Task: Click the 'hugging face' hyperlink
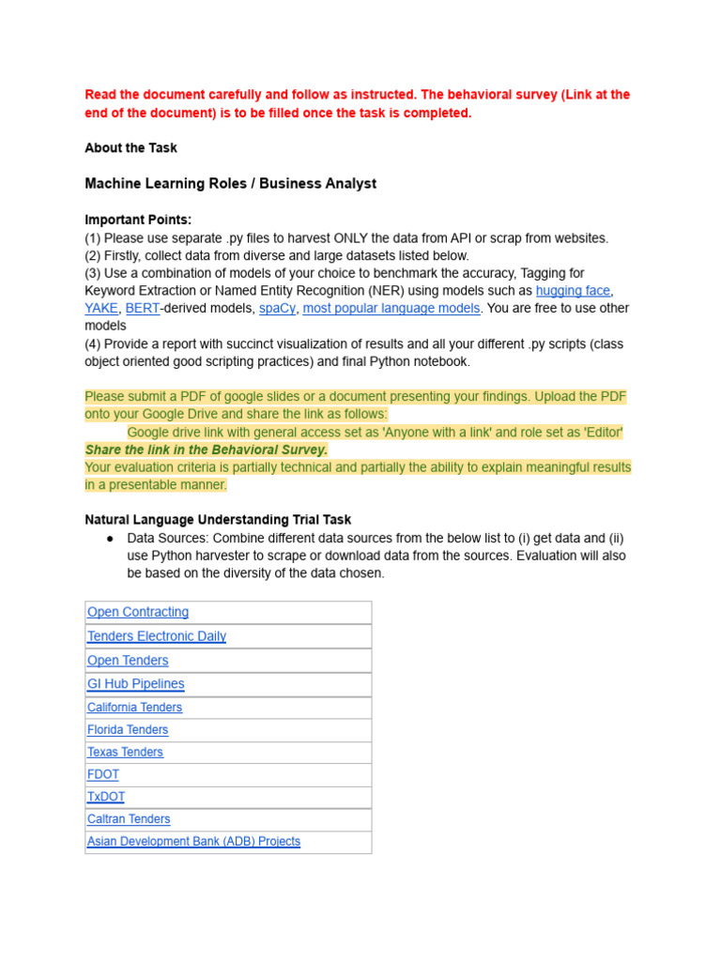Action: [x=573, y=291]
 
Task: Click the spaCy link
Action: [x=277, y=309]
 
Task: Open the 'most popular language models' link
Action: [x=391, y=309]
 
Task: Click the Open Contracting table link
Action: [x=138, y=612]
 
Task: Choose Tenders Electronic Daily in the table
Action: [x=157, y=636]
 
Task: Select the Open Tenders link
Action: [x=128, y=661]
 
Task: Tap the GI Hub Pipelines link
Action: [x=136, y=684]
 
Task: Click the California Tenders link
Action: [x=135, y=708]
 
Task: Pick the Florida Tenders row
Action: [x=128, y=730]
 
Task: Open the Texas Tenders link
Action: [x=125, y=753]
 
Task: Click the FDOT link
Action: [x=103, y=775]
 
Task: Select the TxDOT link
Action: [x=106, y=797]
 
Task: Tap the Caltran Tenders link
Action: [x=129, y=819]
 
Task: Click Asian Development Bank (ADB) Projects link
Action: [x=194, y=842]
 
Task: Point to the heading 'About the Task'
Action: [x=130, y=148]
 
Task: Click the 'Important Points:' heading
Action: [x=138, y=220]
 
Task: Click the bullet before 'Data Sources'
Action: [x=110, y=539]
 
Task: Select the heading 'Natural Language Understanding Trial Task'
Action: [x=218, y=520]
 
